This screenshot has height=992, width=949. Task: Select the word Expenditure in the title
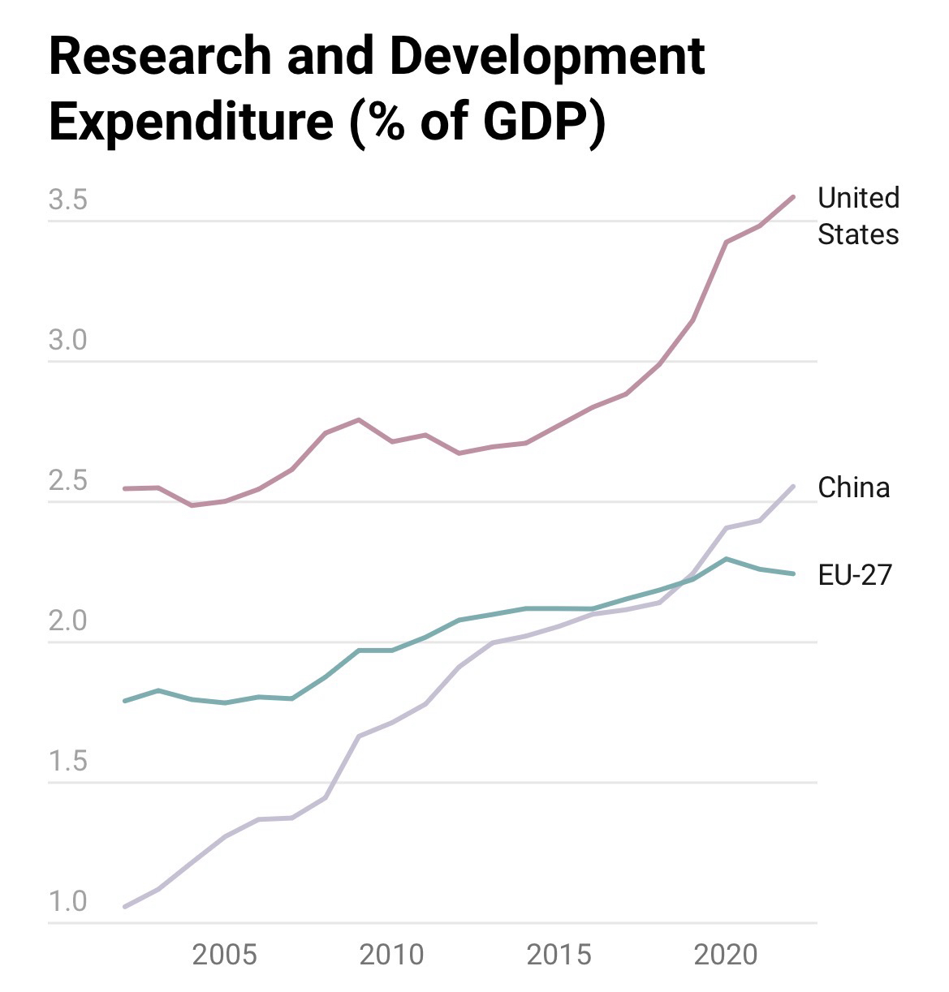pyautogui.click(x=191, y=122)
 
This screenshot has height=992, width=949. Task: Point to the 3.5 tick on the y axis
pyautogui.click(x=67, y=200)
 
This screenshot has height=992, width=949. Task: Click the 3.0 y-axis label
pyautogui.click(x=67, y=341)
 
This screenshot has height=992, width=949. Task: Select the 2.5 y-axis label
pyautogui.click(x=67, y=481)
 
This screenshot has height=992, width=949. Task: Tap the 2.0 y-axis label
pyautogui.click(x=67, y=621)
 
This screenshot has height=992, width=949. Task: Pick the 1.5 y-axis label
pyautogui.click(x=67, y=762)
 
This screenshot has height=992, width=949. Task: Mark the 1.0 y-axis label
pyautogui.click(x=67, y=902)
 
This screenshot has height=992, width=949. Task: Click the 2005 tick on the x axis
pyautogui.click(x=224, y=955)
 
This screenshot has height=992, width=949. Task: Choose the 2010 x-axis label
pyautogui.click(x=391, y=955)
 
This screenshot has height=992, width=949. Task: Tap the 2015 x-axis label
pyautogui.click(x=559, y=955)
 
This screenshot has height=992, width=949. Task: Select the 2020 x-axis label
pyautogui.click(x=726, y=955)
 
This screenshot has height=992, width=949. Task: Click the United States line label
pyautogui.click(x=858, y=216)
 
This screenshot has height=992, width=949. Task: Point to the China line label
pyautogui.click(x=853, y=487)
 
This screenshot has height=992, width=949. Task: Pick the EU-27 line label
pyautogui.click(x=855, y=575)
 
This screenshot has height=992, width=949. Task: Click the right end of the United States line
pyautogui.click(x=793, y=197)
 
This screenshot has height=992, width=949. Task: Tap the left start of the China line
pyautogui.click(x=124, y=907)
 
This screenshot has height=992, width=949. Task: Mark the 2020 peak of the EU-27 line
pyautogui.click(x=727, y=559)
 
